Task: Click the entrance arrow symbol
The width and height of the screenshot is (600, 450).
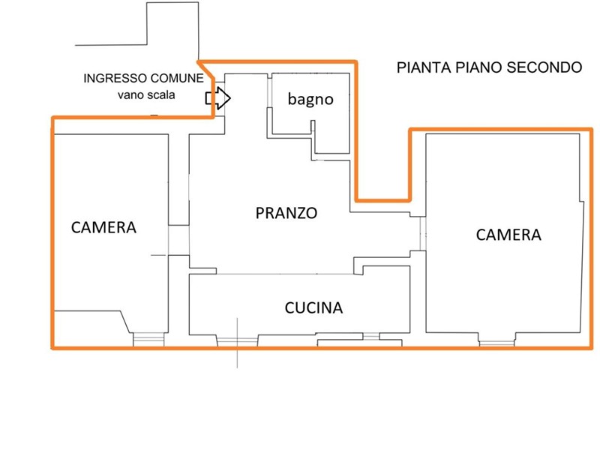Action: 218,98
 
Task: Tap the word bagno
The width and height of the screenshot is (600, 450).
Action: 310,99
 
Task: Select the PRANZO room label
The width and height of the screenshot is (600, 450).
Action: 286,213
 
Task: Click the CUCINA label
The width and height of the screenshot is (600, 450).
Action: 313,307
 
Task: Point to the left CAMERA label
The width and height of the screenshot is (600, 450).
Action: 103,227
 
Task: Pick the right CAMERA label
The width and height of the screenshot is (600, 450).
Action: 508,235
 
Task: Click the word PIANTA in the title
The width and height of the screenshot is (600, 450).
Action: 424,67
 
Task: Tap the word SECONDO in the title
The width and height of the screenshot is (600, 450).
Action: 544,67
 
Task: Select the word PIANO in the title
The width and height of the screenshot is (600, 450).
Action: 479,67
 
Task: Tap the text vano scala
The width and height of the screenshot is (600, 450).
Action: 146,94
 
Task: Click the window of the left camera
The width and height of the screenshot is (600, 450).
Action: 148,340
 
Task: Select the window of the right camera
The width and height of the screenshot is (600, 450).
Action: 496,343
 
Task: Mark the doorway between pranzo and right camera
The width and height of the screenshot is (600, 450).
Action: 423,233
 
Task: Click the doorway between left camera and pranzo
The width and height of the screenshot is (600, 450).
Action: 178,240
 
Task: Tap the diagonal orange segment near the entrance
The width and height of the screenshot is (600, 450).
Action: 205,70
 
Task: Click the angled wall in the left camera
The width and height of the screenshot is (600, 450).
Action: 126,322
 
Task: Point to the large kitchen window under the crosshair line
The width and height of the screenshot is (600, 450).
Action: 237,341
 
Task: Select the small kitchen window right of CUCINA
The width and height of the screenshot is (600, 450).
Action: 370,336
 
